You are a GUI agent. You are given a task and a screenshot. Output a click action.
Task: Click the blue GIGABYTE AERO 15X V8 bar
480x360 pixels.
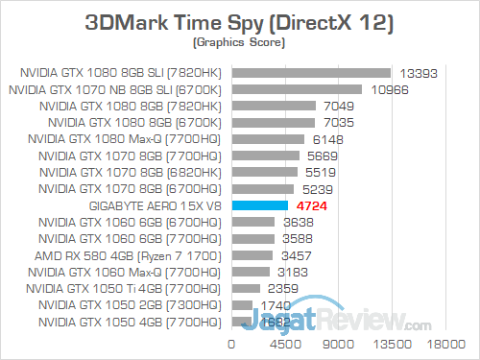click(259, 204)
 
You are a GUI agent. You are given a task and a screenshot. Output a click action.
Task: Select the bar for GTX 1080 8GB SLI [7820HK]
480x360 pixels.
click(310, 72)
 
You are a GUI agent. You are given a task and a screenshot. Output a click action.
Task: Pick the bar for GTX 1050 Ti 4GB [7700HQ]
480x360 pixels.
click(245, 288)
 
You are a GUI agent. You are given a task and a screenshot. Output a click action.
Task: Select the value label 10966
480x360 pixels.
click(386, 89)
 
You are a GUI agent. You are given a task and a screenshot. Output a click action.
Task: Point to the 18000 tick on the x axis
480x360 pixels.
click(444, 342)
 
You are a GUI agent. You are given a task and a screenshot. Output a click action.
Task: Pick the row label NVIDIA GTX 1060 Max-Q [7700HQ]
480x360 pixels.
click(127, 272)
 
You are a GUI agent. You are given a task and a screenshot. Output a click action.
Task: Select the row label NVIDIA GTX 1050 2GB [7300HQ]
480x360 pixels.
click(130, 304)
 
